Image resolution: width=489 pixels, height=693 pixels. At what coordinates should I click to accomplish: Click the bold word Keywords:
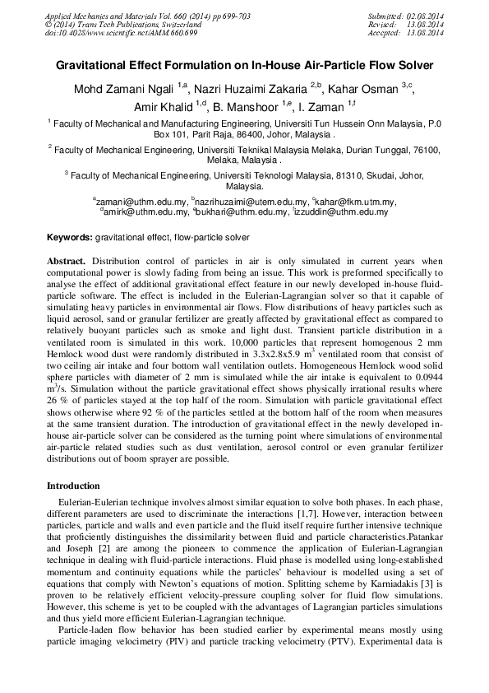pyautogui.click(x=70, y=237)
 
